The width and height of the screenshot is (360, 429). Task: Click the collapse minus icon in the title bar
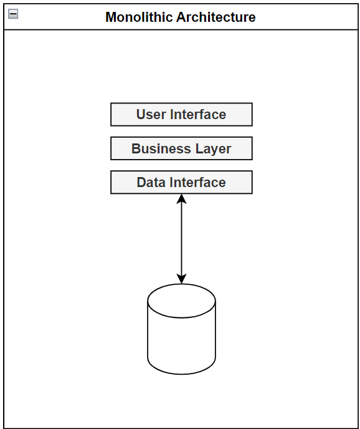pyautogui.click(x=12, y=14)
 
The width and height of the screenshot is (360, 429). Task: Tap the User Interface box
pyautogui.click(x=181, y=115)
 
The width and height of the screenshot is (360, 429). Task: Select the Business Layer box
pyautogui.click(x=181, y=148)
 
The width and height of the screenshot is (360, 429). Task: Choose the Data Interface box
pyautogui.click(x=181, y=182)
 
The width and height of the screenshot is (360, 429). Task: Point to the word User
pyautogui.click(x=150, y=115)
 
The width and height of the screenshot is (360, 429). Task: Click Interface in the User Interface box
pyautogui.click(x=197, y=115)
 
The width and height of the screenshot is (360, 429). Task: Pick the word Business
pyautogui.click(x=158, y=148)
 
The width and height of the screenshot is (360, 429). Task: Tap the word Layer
pyautogui.click(x=215, y=148)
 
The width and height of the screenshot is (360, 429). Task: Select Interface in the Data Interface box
pyautogui.click(x=197, y=182)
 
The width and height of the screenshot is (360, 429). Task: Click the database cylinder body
pyautogui.click(x=181, y=340)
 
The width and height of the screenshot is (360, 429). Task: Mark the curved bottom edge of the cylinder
pyautogui.click(x=181, y=374)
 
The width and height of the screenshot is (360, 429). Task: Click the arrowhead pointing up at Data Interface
pyautogui.click(x=181, y=199)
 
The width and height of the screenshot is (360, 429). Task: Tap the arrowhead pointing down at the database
pyautogui.click(x=181, y=279)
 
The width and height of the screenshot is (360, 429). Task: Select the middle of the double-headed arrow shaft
pyautogui.click(x=181, y=239)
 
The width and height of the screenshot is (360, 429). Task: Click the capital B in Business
pyautogui.click(x=136, y=148)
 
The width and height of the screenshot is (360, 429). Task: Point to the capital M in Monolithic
pyautogui.click(x=111, y=17)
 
